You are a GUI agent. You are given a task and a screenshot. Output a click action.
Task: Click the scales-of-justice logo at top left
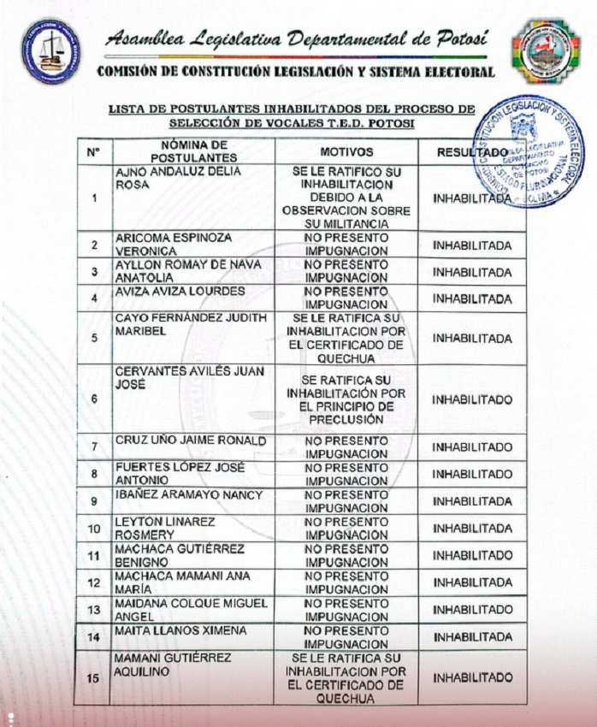[x=50, y=50]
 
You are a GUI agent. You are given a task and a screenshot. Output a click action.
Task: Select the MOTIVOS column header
[x=346, y=151]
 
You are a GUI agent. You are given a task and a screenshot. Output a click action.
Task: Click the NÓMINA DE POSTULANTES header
[x=193, y=151]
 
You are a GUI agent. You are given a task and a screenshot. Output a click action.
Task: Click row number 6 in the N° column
[x=93, y=399]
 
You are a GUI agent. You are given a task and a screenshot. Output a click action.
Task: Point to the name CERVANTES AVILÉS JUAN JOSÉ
[x=189, y=377]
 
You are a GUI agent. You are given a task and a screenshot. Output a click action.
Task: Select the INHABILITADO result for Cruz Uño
[x=472, y=447]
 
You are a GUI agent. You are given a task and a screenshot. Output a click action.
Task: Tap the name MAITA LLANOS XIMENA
[x=180, y=631]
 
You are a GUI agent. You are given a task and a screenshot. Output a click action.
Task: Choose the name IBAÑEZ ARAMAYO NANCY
[x=189, y=495]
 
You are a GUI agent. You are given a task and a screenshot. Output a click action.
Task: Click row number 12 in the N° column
[x=93, y=582]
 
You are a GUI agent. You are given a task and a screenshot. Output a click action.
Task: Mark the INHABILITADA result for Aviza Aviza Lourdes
[x=472, y=299]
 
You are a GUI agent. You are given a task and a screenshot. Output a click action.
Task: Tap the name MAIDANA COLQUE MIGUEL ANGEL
[x=191, y=610]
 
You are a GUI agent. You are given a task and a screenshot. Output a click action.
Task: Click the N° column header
[x=93, y=152]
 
